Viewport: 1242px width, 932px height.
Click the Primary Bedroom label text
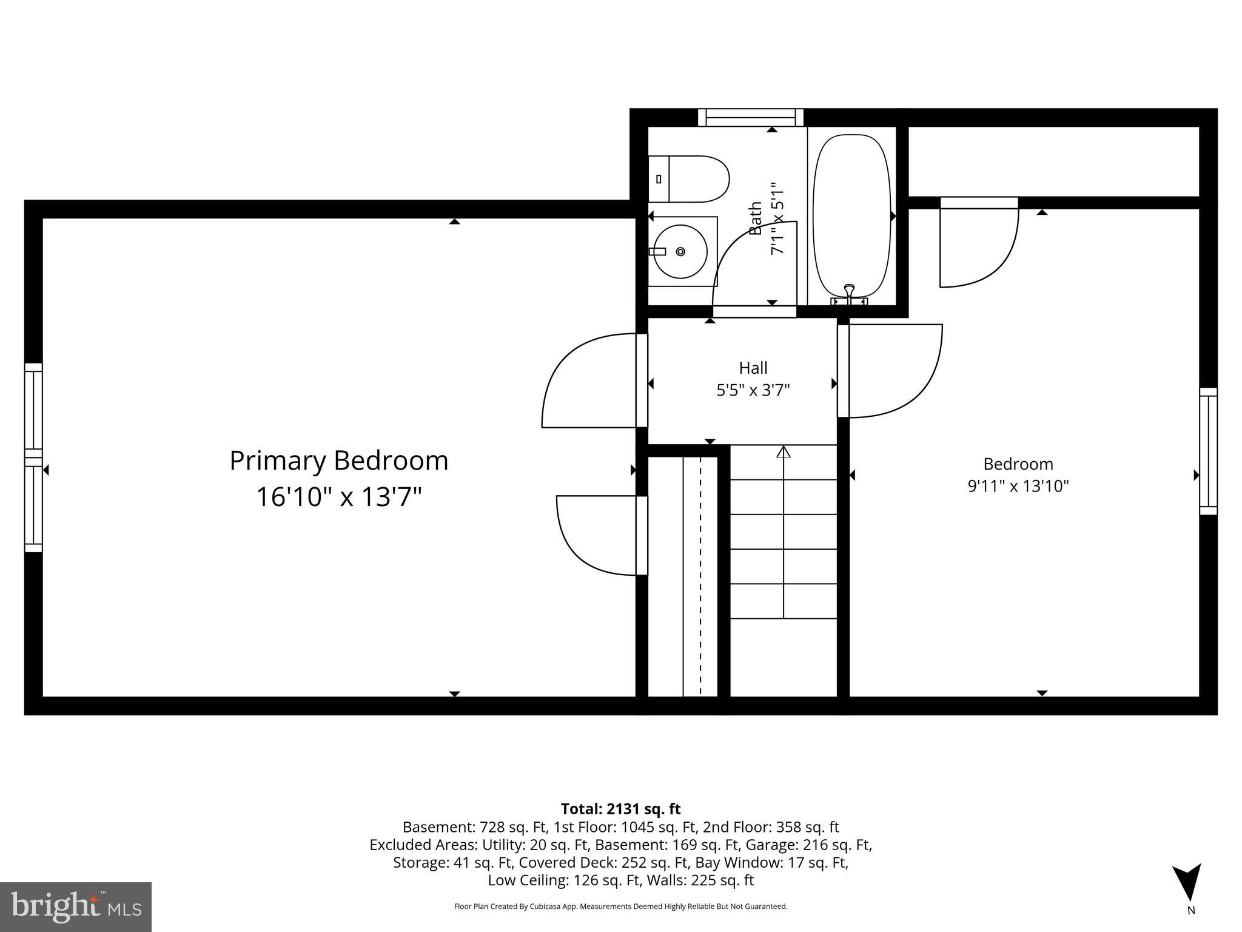(x=338, y=461)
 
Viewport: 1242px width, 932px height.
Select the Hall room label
(x=753, y=368)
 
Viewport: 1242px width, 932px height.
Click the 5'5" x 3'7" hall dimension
(x=753, y=390)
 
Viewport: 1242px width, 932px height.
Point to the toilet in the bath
(x=688, y=179)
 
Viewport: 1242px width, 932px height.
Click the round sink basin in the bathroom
(x=680, y=251)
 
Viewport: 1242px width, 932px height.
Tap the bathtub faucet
(x=849, y=293)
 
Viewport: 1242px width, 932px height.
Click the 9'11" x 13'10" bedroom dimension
(x=1018, y=486)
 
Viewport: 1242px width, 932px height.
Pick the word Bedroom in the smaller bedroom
(x=1018, y=464)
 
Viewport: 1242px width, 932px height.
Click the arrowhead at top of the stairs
(x=784, y=451)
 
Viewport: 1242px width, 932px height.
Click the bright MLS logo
(x=76, y=907)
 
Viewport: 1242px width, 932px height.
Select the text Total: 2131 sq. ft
(x=620, y=809)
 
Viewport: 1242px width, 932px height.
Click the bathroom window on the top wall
(x=750, y=117)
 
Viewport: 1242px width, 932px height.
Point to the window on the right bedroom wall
(x=1208, y=451)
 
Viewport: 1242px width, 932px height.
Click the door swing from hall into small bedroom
(x=891, y=370)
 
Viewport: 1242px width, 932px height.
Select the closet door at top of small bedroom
(x=978, y=243)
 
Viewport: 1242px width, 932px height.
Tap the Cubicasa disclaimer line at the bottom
(x=620, y=907)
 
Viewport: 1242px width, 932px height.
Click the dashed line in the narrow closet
(x=700, y=576)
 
